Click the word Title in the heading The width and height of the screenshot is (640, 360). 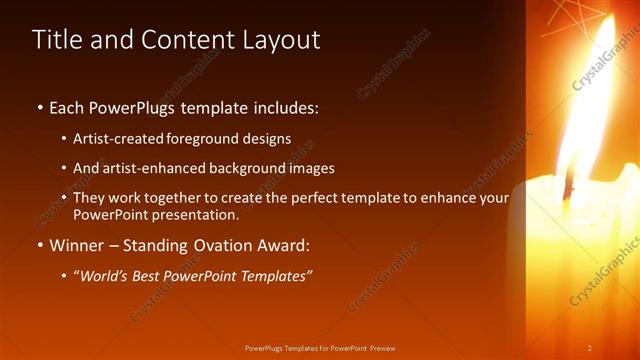click(x=55, y=40)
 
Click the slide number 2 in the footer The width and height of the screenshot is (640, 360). click(x=589, y=348)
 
